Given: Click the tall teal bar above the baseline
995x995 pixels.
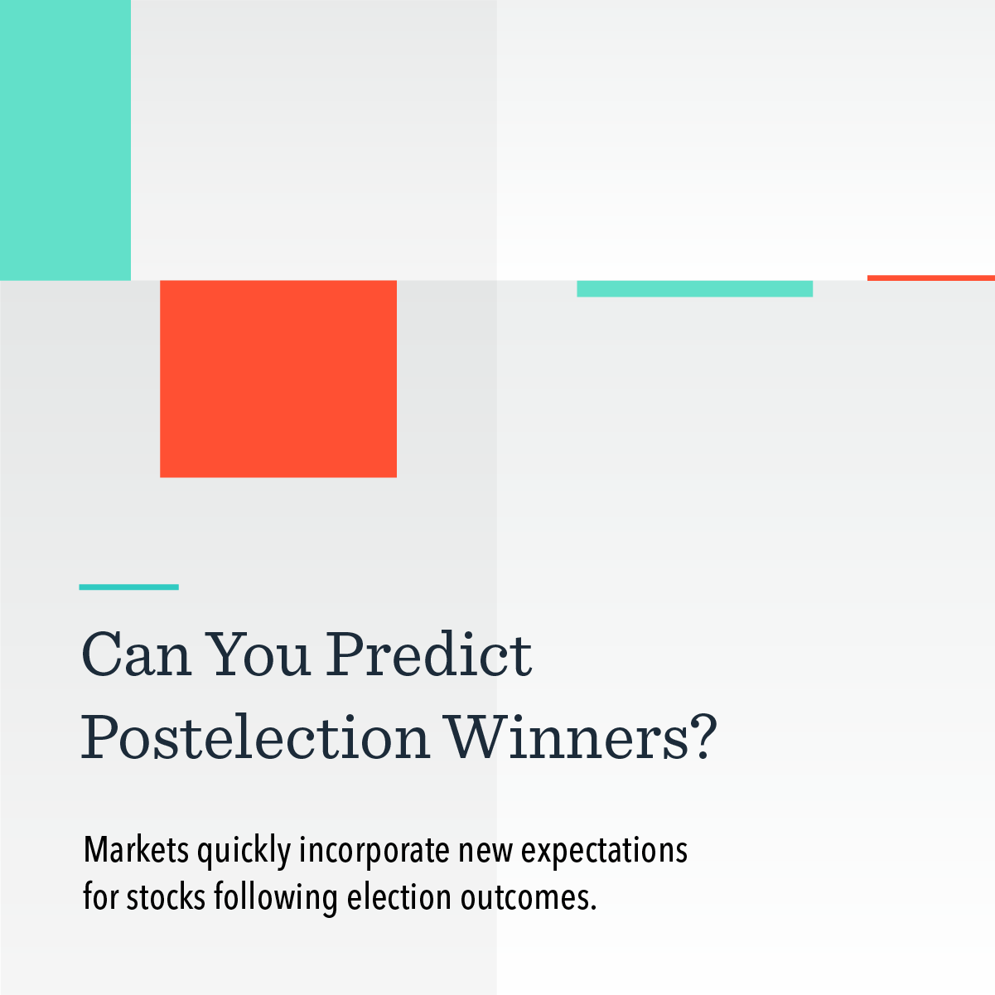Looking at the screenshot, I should [x=65, y=139].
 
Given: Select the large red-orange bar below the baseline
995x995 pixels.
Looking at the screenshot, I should [x=278, y=379].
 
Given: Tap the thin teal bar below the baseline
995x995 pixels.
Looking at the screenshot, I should [x=694, y=288].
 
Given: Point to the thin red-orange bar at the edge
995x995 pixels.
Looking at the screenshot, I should [x=930, y=278].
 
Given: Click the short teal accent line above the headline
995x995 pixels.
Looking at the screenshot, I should [x=128, y=587].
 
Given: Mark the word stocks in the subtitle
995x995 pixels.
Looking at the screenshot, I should [x=167, y=898].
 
